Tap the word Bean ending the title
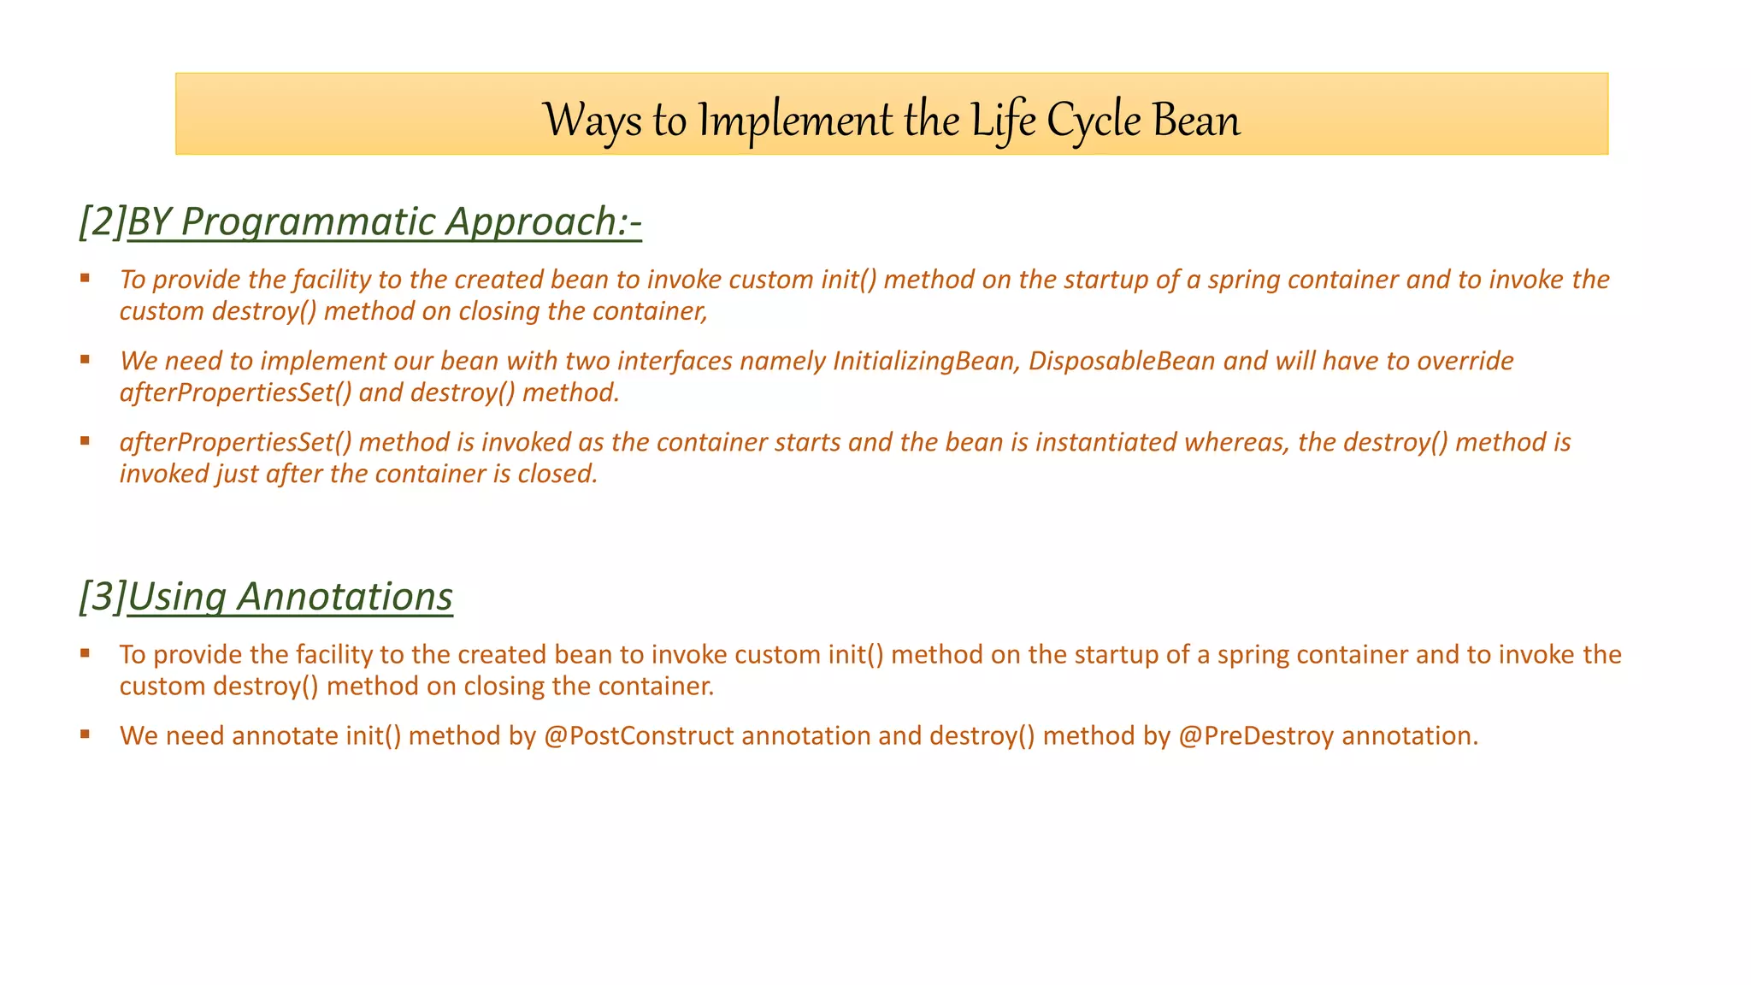pos(1196,121)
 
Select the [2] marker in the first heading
pos(102,221)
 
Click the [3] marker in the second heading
pos(102,596)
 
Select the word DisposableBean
pos(1121,361)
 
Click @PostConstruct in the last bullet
pos(638,735)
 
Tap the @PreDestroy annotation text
pos(1255,735)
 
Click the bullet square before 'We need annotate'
pos(85,734)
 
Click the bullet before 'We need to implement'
pos(85,359)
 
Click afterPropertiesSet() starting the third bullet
pos(236,442)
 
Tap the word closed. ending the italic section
pos(557,474)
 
